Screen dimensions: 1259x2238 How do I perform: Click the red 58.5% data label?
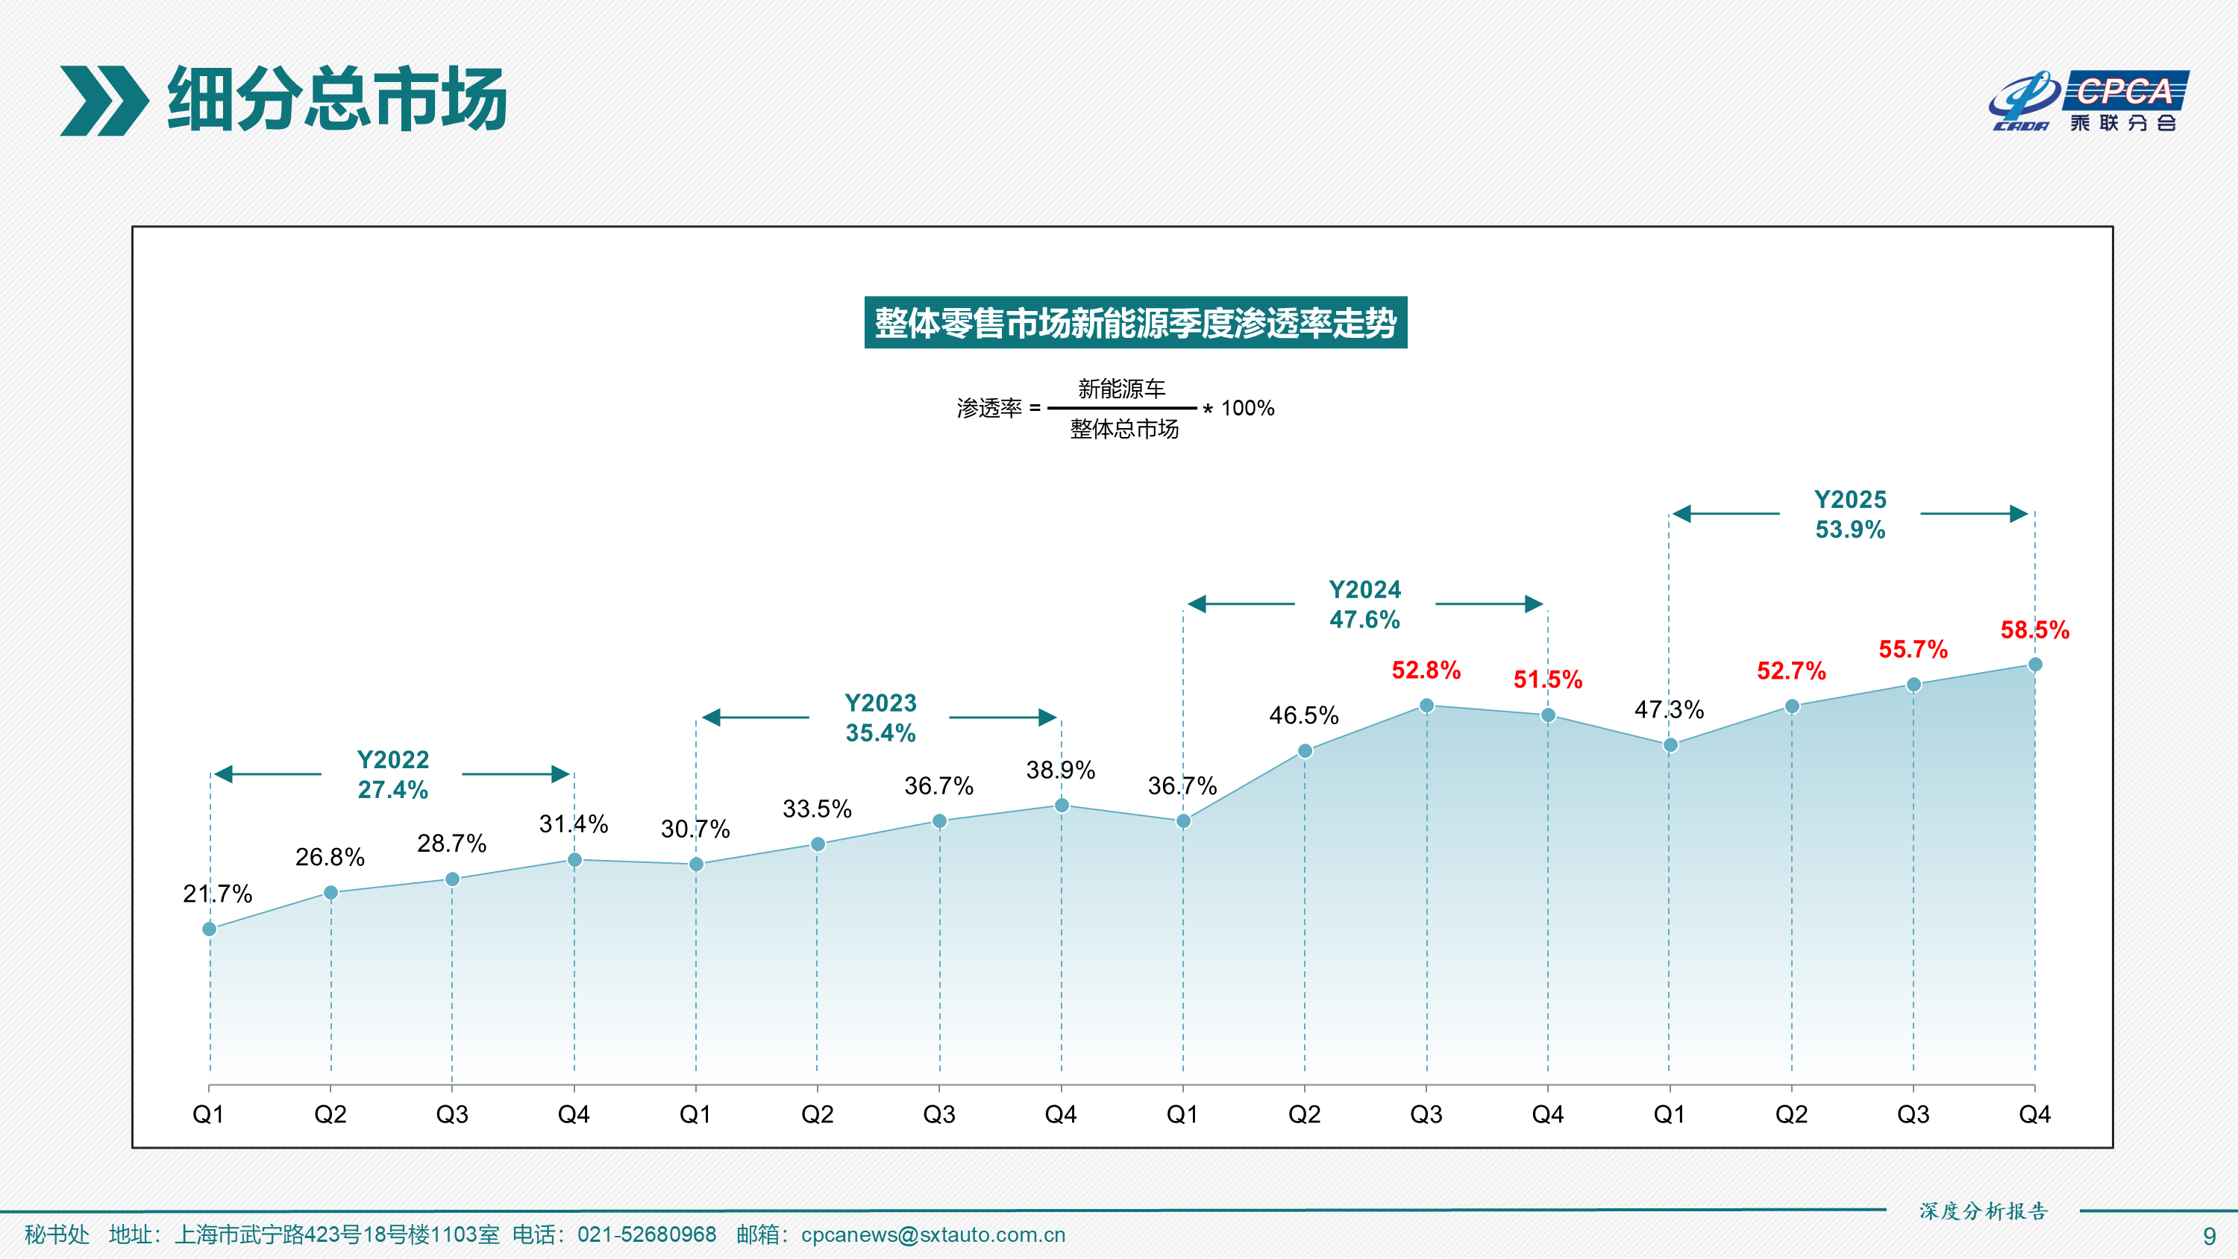point(2034,630)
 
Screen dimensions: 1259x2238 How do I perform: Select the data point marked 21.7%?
point(210,929)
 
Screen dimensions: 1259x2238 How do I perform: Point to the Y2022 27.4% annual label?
point(392,774)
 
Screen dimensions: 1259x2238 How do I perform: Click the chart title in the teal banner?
point(1135,322)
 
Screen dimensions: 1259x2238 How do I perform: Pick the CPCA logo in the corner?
point(2089,101)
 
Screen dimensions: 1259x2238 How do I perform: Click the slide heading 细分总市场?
point(337,99)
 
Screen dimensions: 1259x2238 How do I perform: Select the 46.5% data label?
point(1303,715)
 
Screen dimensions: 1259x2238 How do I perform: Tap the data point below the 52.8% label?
point(1426,706)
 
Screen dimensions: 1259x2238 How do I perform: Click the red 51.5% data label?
point(1547,679)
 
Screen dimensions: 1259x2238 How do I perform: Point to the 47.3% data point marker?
point(1670,744)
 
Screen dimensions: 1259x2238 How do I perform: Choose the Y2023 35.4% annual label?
point(880,718)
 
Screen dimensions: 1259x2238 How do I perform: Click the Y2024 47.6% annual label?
point(1364,604)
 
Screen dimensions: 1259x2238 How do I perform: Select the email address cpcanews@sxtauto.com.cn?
point(932,1234)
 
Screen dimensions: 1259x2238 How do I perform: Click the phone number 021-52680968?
point(646,1234)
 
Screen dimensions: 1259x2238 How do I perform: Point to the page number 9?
point(2210,1237)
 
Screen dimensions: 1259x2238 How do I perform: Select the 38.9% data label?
point(1060,770)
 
